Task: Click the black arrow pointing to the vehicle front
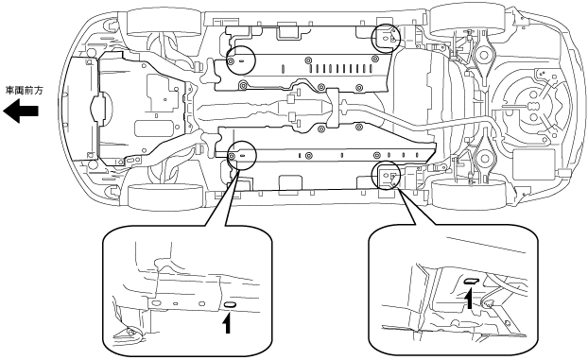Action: (x=21, y=111)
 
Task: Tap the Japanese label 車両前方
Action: (x=25, y=91)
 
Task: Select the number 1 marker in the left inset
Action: (x=227, y=324)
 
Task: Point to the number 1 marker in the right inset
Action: (x=469, y=300)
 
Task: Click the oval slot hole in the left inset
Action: (x=229, y=305)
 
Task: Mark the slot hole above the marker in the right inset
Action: (x=472, y=281)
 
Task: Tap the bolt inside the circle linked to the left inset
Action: (x=233, y=156)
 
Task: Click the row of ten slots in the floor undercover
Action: (x=341, y=68)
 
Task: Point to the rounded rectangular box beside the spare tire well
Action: (x=533, y=165)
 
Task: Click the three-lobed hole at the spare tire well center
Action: (x=532, y=107)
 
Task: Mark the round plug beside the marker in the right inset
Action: (x=488, y=302)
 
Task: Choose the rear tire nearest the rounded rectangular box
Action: (x=464, y=193)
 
